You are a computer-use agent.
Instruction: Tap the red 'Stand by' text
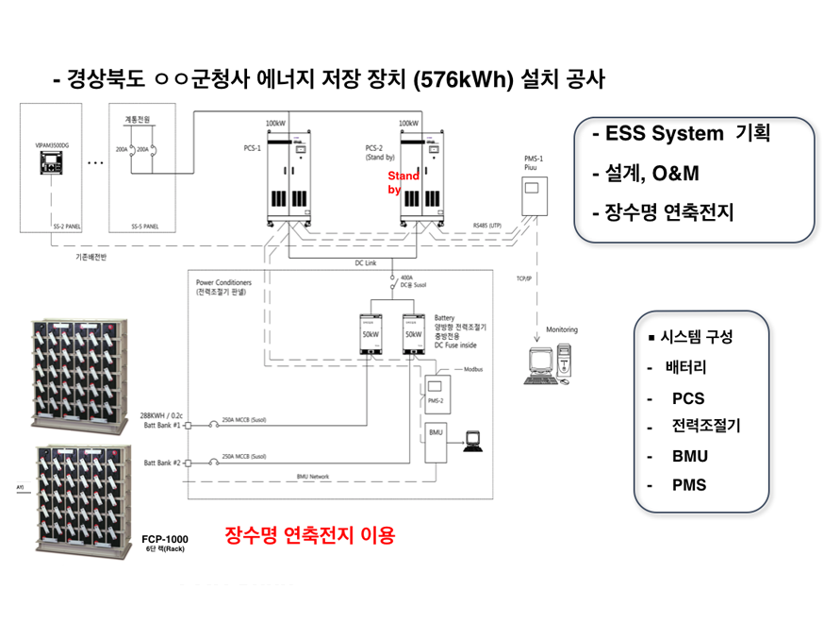coord(403,182)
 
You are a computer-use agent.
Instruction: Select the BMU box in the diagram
coord(435,441)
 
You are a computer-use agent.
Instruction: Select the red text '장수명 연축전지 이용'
coord(309,536)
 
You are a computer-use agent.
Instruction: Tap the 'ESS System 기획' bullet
coord(681,134)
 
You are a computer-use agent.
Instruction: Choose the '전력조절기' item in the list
coord(706,426)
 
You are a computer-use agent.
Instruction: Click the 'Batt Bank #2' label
coord(162,463)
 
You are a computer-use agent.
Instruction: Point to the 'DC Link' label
coord(365,262)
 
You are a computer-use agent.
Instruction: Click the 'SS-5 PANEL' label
coord(148,227)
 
